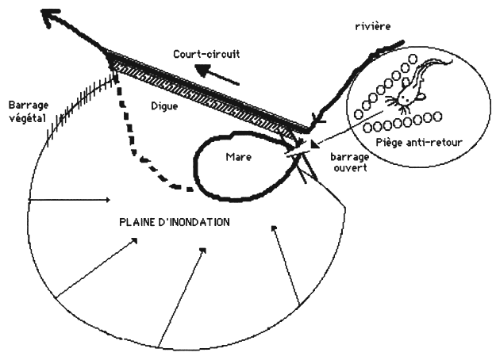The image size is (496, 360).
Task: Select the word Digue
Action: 164,104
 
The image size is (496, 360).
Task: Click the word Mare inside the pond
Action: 239,157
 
